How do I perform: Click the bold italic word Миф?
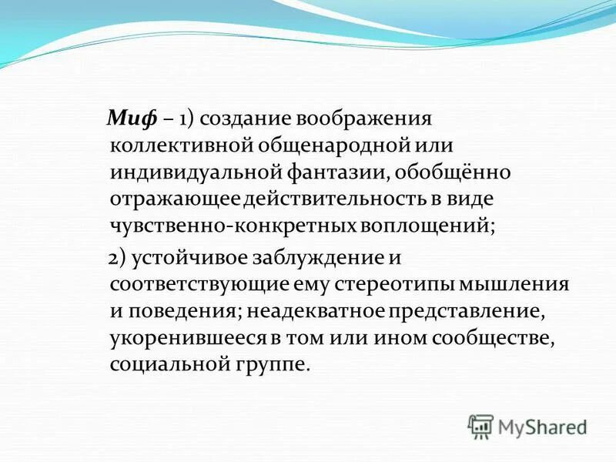[132, 119]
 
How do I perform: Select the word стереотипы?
[400, 284]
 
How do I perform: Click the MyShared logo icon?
[480, 426]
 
